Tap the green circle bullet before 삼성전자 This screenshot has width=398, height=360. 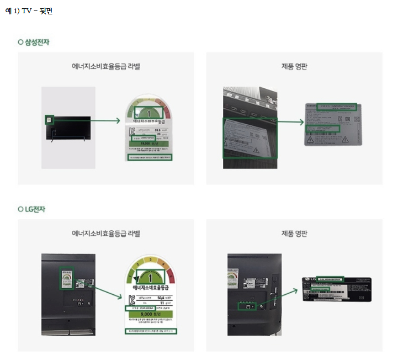pyautogui.click(x=20, y=43)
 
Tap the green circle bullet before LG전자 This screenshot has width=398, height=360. pyautogui.click(x=20, y=209)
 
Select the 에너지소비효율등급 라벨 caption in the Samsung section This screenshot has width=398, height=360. pyautogui.click(x=106, y=67)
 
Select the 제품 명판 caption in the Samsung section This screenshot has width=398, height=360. pyautogui.click(x=294, y=67)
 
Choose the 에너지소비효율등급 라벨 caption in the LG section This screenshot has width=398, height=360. pyautogui.click(x=106, y=234)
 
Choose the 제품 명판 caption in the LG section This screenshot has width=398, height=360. pyautogui.click(x=294, y=234)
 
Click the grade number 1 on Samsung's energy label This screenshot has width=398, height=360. pyautogui.click(x=148, y=113)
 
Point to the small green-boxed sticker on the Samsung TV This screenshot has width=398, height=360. pyautogui.click(x=49, y=120)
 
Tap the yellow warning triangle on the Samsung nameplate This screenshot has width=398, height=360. pyautogui.click(x=310, y=140)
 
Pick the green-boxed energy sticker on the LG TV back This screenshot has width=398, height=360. pyautogui.click(x=67, y=279)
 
